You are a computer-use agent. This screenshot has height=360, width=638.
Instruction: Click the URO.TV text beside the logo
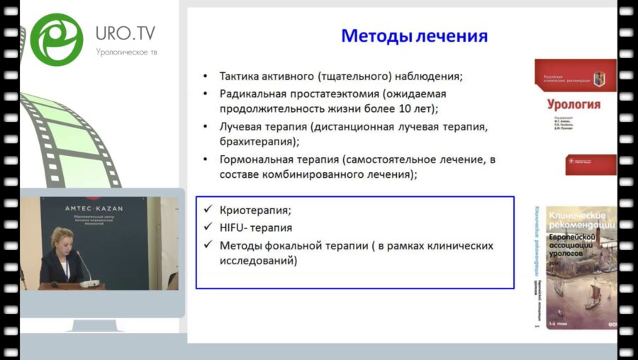click(126, 33)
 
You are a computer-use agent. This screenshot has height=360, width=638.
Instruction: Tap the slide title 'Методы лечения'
click(415, 36)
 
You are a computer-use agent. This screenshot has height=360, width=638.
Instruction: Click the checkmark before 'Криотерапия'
click(207, 210)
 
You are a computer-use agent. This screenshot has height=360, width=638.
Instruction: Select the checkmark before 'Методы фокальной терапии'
click(207, 245)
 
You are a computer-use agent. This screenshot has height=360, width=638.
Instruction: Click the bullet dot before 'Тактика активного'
click(206, 77)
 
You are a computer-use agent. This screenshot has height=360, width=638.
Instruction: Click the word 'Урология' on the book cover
click(573, 105)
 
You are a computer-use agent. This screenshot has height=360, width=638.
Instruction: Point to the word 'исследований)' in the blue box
click(258, 261)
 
